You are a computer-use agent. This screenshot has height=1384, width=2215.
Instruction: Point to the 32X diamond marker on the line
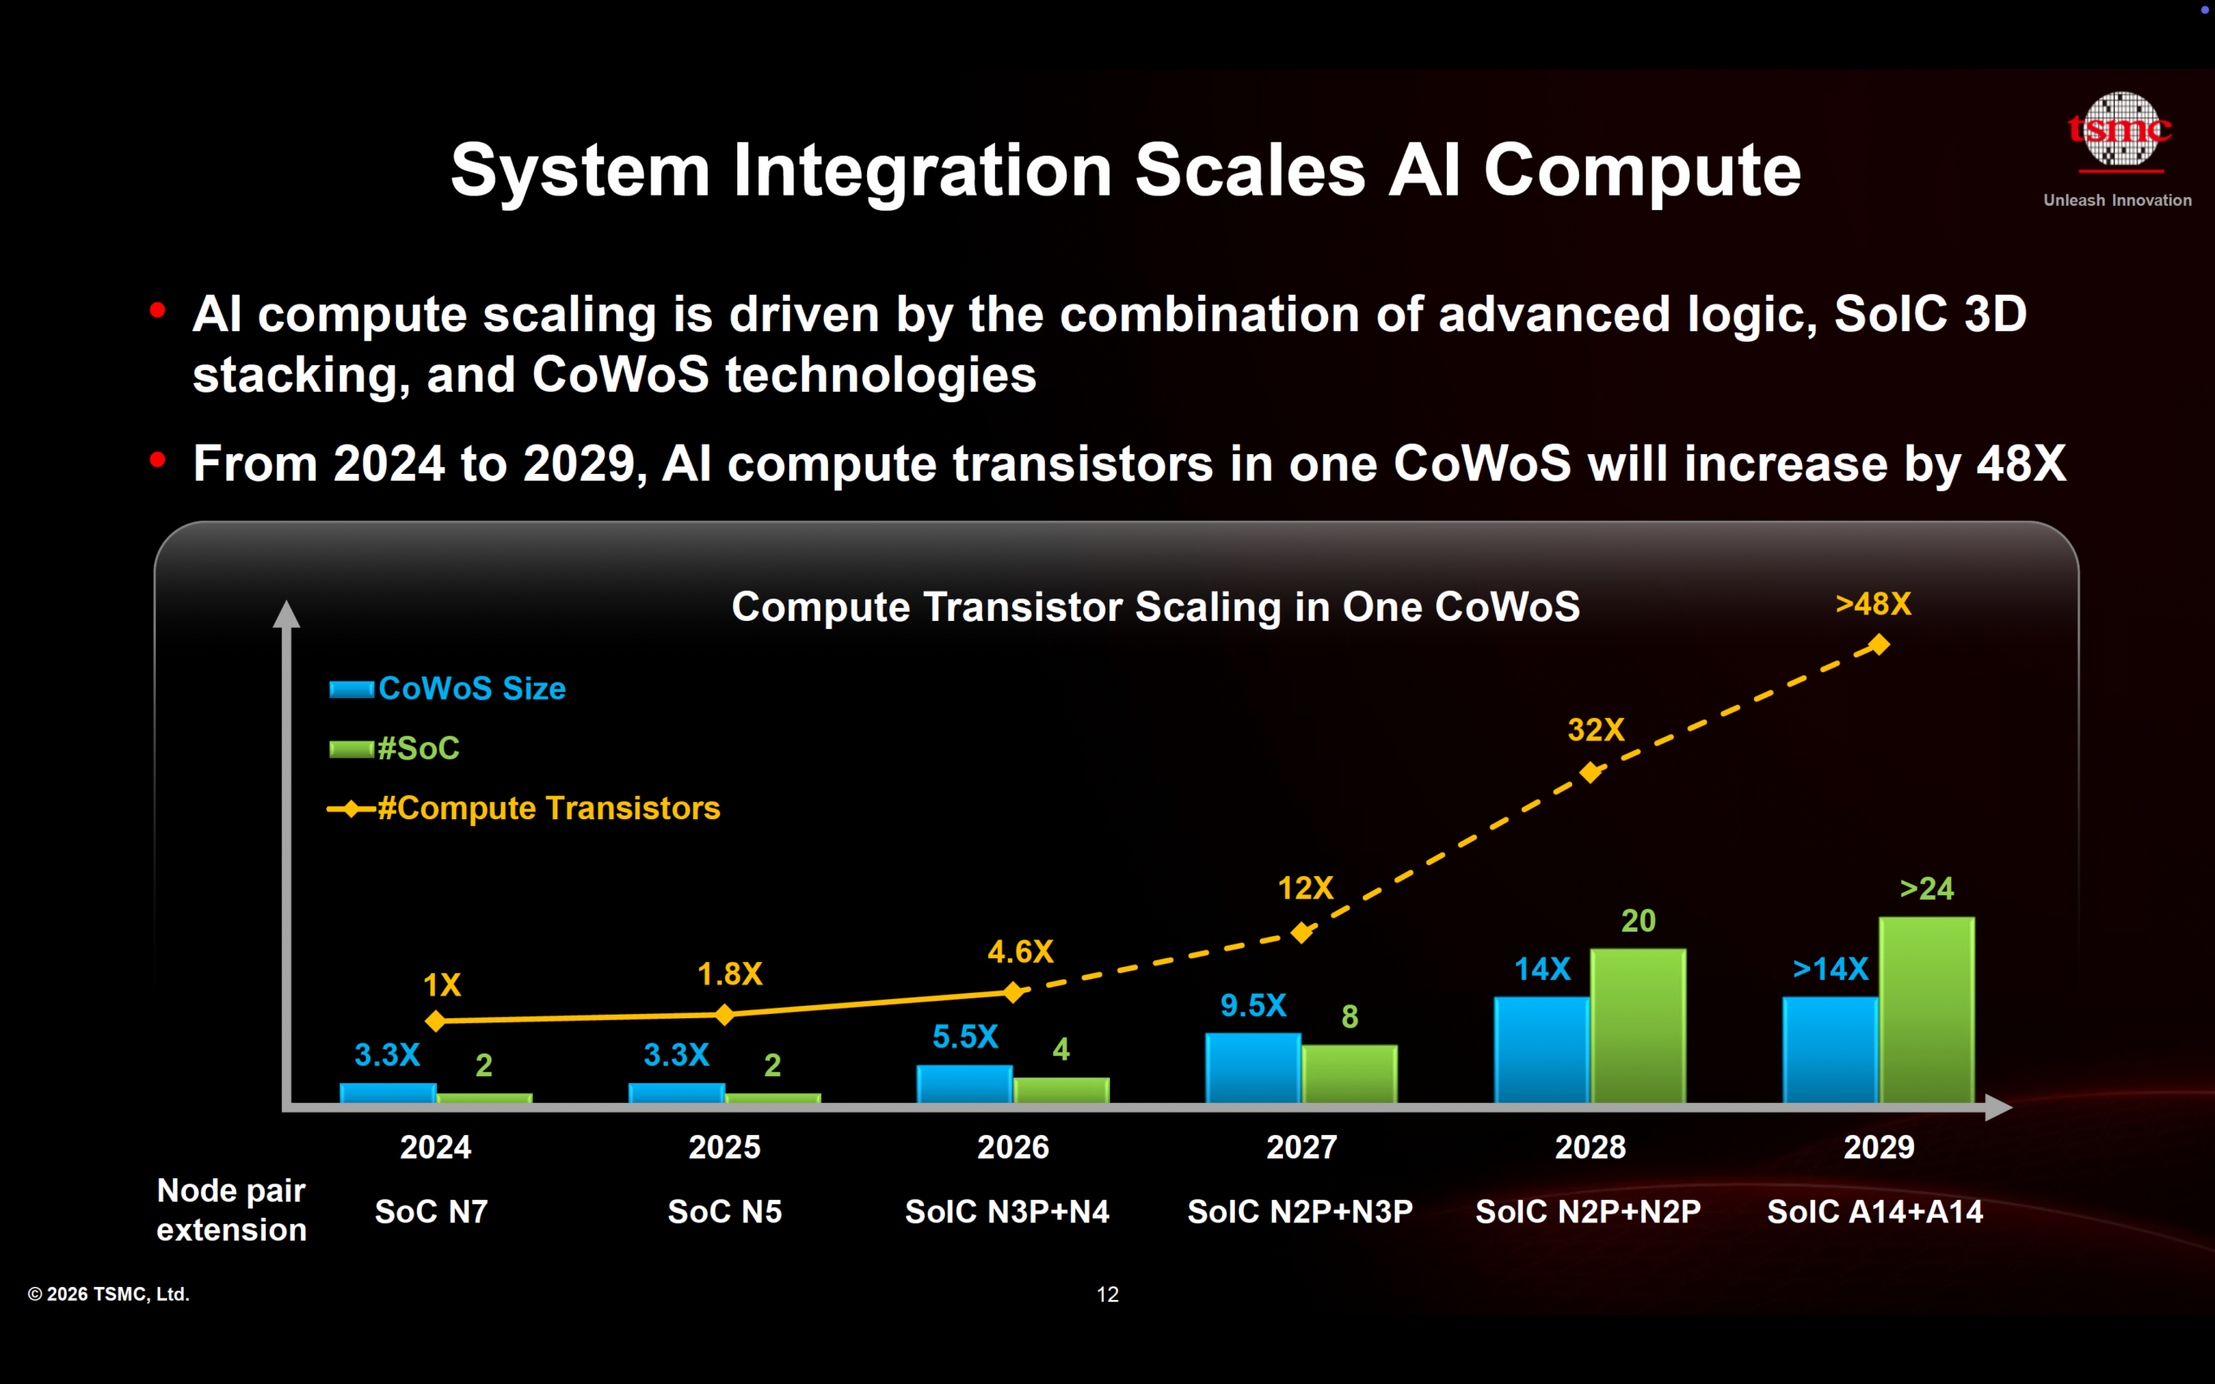[x=1591, y=772]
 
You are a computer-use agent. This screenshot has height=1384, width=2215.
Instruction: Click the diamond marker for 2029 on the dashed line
[x=1878, y=645]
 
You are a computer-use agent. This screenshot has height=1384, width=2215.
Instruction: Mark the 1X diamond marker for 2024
[x=436, y=1021]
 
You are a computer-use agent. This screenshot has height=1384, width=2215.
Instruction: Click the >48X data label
[x=1872, y=604]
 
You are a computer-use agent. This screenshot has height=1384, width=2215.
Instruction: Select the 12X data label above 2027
[x=1305, y=887]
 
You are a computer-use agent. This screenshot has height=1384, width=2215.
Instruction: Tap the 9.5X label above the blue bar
[x=1253, y=1005]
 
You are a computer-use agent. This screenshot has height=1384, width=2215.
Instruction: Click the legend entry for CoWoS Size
[x=448, y=689]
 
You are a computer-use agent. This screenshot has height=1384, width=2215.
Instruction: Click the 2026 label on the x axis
[x=1012, y=1147]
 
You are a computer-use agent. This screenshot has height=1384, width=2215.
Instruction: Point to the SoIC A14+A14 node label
[x=1874, y=1212]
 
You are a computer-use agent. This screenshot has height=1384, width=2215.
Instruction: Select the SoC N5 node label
[x=724, y=1212]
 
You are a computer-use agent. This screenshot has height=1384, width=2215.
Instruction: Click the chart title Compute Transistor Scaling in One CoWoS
[x=1155, y=607]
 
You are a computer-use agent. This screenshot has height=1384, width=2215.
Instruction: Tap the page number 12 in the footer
[x=1107, y=1294]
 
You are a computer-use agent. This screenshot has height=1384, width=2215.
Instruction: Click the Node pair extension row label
[x=231, y=1210]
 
